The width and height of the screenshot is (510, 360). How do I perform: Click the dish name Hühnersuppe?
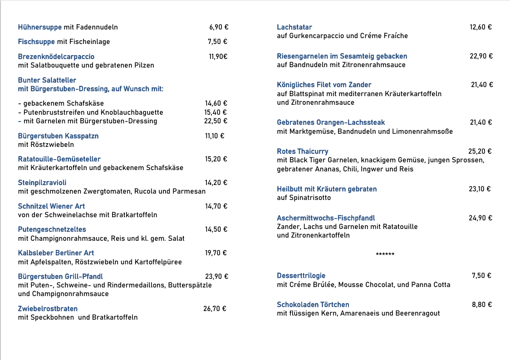[40, 27]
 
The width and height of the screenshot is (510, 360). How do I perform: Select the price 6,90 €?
[219, 27]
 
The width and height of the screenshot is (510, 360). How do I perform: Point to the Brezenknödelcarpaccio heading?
[56, 57]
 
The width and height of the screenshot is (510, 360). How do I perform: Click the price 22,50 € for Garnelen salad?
[216, 121]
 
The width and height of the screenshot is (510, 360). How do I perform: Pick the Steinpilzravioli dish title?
[42, 183]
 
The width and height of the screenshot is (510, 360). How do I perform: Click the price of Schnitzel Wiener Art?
[216, 206]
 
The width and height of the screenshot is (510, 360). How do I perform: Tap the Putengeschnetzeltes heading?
[52, 229]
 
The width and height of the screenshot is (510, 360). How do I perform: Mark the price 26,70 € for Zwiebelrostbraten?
[215, 309]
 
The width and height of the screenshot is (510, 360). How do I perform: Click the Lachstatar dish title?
[294, 27]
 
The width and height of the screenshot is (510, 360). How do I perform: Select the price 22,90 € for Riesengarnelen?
[481, 56]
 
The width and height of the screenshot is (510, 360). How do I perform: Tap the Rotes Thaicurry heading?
[303, 151]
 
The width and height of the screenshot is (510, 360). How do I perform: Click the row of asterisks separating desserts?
[385, 254]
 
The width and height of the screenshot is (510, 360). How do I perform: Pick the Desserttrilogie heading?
[301, 276]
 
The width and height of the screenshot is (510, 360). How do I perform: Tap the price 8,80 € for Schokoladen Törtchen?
[482, 305]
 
